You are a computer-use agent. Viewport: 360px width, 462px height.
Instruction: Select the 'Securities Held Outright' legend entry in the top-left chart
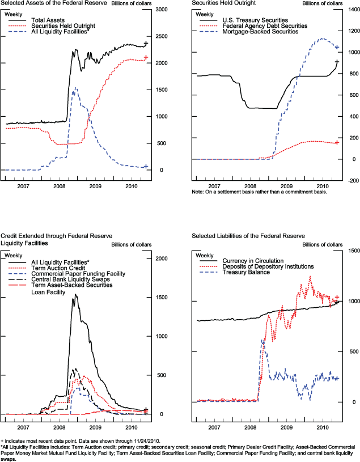tap(62, 26)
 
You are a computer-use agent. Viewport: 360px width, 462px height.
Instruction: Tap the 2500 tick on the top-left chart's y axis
tap(162, 37)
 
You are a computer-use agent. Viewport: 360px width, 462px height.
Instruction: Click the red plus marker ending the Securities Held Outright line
tap(146, 57)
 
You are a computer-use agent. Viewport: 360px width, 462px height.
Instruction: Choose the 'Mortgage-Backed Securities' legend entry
tap(261, 32)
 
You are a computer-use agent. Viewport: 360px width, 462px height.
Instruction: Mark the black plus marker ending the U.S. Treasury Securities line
tap(337, 62)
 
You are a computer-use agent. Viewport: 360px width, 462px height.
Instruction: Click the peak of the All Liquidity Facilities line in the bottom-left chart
tap(75, 295)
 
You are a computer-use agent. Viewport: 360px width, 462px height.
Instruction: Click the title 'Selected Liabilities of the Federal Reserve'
tap(248, 235)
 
